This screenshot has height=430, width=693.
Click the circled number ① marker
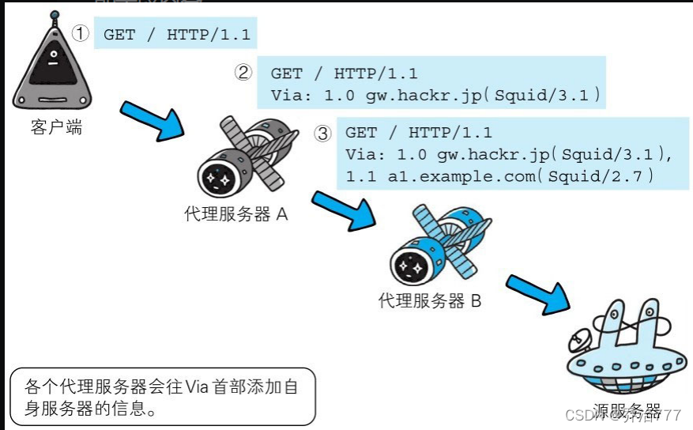coord(81,34)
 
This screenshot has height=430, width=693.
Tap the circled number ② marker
coord(243,73)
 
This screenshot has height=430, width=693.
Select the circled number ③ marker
coord(322,133)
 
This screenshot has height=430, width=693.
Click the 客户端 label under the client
coord(56,127)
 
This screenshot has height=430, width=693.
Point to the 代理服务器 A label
coord(235,214)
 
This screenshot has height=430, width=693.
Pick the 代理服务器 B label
coord(430,300)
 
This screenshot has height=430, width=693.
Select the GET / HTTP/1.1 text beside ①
coord(175,35)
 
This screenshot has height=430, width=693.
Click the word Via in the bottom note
coord(198,387)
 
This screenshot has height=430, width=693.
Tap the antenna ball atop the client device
coord(53,15)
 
